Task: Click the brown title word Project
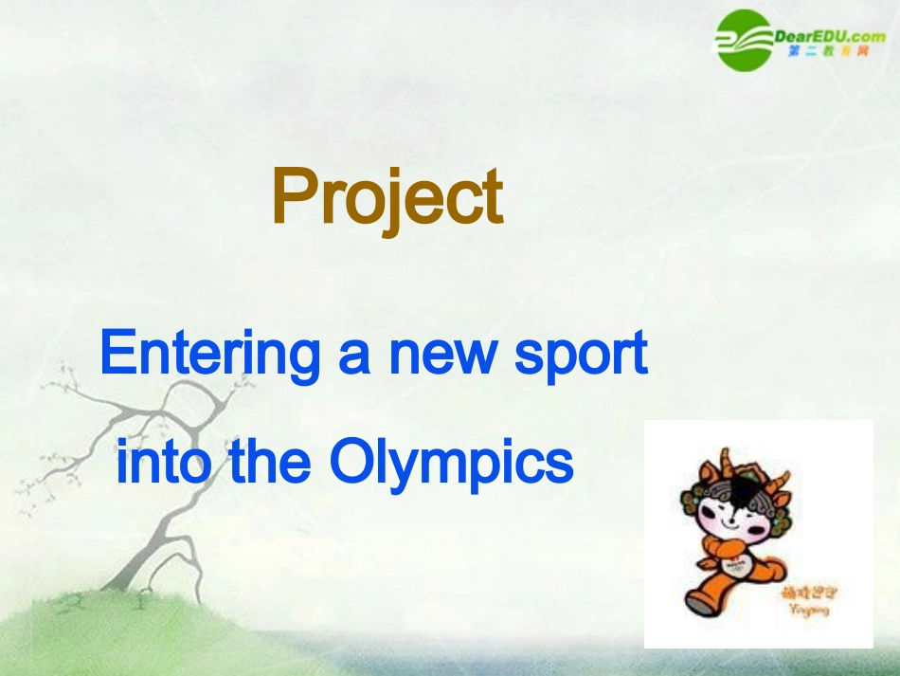(x=387, y=197)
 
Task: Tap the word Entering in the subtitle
(x=210, y=354)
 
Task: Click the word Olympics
(x=452, y=464)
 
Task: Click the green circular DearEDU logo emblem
(x=744, y=40)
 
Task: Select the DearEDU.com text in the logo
(x=829, y=36)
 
